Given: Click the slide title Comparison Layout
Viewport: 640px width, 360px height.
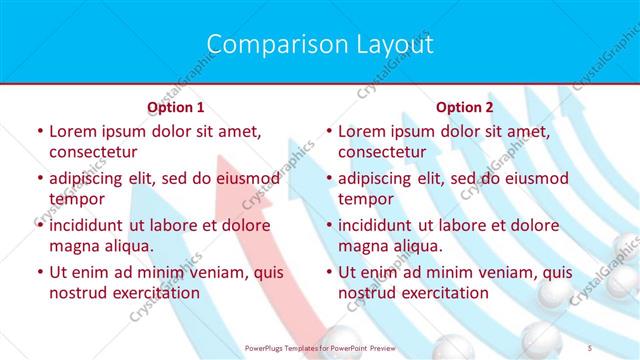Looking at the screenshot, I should pyautogui.click(x=320, y=44).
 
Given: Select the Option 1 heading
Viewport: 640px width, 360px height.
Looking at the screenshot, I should pyautogui.click(x=176, y=107).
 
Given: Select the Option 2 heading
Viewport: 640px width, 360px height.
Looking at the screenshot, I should pyautogui.click(x=465, y=107).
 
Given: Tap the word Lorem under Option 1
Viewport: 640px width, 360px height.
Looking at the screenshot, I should pyautogui.click(x=72, y=131).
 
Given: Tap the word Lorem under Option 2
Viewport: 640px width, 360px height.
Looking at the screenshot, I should pyautogui.click(x=361, y=131).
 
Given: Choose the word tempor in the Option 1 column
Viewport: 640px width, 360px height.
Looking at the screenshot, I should pyautogui.click(x=77, y=199).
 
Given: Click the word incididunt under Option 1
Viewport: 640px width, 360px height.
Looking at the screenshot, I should pyautogui.click(x=87, y=225).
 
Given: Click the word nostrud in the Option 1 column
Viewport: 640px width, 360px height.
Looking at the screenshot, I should pyautogui.click(x=77, y=293).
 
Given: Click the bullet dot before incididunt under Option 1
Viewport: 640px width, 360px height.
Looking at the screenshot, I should pyautogui.click(x=39, y=226).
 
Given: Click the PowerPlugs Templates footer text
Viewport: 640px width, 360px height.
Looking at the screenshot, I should pyautogui.click(x=320, y=347).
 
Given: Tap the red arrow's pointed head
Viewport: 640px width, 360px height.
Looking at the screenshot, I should pyautogui.click(x=232, y=165).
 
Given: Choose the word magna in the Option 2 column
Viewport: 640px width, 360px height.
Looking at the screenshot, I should pyautogui.click(x=362, y=246).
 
